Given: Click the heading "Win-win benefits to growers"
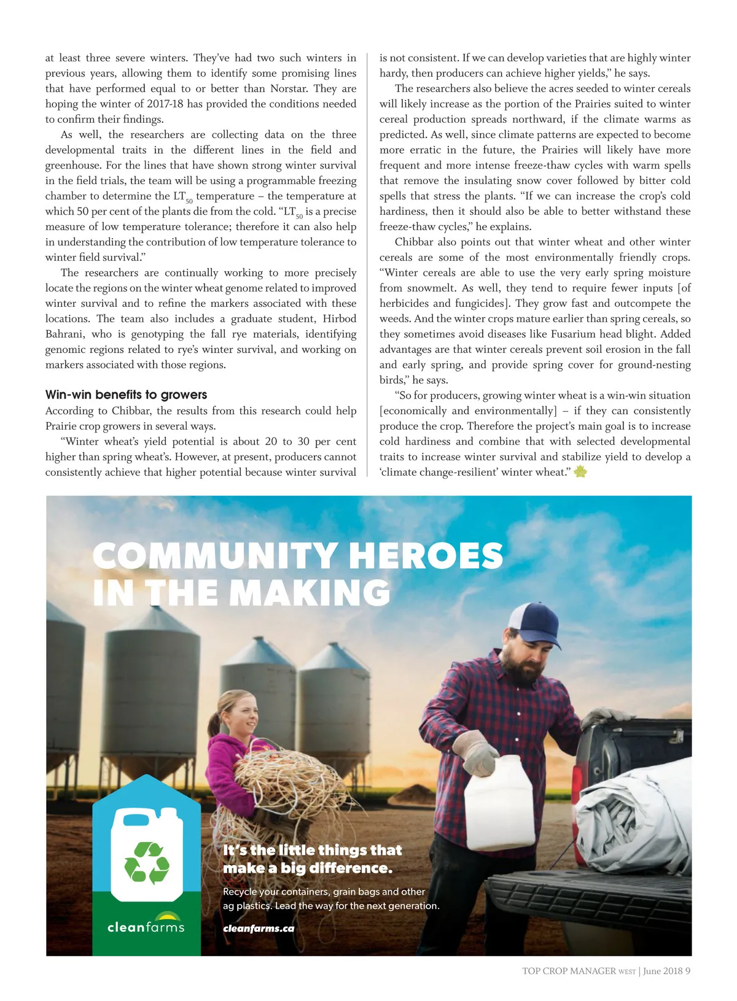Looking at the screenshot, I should pos(126,395).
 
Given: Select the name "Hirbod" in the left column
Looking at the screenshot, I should pos(340,319).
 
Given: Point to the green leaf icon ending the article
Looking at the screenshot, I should pos(580,472).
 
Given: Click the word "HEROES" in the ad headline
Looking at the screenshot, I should pos(426,556).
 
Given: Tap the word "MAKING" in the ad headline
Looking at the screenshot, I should pos(310,593).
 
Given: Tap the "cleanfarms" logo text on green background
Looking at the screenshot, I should pos(146,927).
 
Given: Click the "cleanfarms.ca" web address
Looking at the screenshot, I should pos(259,929).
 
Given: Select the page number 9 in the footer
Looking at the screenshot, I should pos(688,971).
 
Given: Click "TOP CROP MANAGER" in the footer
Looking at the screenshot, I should pos(569,971).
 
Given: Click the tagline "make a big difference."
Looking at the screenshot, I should pos(308,868).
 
